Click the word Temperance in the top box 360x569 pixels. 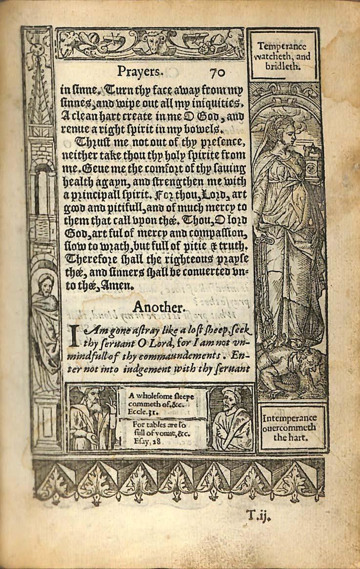[x=282, y=47]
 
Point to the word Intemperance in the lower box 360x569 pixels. [x=289, y=418]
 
